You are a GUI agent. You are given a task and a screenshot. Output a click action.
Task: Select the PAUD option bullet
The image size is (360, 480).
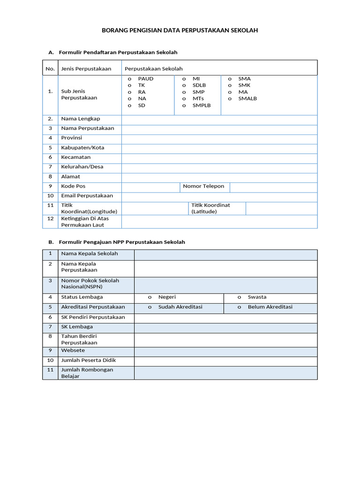(x=130, y=79)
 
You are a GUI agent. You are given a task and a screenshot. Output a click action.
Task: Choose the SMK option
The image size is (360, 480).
(x=230, y=85)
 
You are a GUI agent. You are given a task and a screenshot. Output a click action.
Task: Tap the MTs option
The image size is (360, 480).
(x=184, y=98)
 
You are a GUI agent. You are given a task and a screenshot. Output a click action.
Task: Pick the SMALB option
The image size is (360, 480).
(x=230, y=98)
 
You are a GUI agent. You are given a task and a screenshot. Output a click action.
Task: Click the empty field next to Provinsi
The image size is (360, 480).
(x=219, y=138)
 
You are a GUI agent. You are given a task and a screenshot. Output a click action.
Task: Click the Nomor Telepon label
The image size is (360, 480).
(x=203, y=186)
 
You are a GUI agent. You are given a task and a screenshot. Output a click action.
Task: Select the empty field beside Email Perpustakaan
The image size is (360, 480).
(x=219, y=196)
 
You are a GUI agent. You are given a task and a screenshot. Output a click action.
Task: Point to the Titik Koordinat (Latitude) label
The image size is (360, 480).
(x=210, y=209)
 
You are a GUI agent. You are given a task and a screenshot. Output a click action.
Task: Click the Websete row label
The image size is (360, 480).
(x=73, y=351)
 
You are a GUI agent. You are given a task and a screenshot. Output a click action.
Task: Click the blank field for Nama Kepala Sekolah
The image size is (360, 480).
(x=225, y=254)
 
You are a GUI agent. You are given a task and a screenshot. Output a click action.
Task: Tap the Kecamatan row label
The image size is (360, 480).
(x=76, y=157)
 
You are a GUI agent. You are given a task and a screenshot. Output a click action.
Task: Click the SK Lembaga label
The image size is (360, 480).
(x=77, y=327)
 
